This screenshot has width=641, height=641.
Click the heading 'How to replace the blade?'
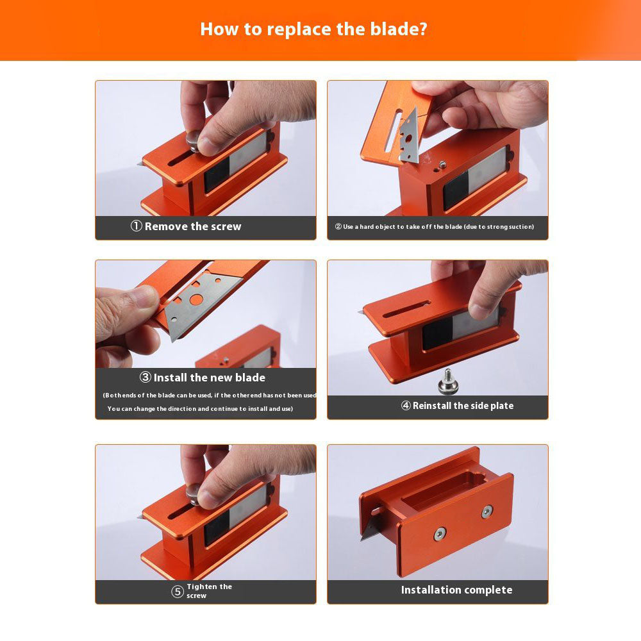point(313,29)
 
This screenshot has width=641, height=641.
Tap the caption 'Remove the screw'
point(193,226)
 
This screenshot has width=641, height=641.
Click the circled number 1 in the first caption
point(136,226)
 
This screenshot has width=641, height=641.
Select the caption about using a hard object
point(434,227)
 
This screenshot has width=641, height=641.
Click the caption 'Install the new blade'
point(209,378)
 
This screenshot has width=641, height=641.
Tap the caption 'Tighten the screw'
point(209,591)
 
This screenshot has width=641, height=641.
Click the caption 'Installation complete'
point(456,590)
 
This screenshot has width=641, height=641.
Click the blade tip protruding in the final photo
point(369,531)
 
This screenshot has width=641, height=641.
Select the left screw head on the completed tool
point(440,533)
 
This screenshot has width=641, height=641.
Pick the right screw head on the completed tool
point(487,511)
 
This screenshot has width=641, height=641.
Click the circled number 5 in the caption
point(178,592)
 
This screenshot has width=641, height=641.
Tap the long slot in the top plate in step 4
point(410,312)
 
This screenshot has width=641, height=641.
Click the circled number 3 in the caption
point(146,378)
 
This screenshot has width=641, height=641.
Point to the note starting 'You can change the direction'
point(200,409)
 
